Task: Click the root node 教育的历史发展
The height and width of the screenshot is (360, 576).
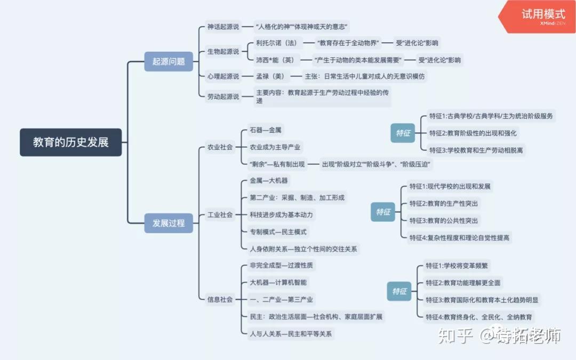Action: tap(70, 142)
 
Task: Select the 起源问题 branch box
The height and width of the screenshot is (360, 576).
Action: tap(169, 61)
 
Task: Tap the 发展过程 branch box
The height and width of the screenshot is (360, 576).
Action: tap(169, 223)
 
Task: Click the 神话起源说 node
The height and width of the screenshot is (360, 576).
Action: tap(223, 26)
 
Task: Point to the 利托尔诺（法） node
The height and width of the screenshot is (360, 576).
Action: tap(276, 43)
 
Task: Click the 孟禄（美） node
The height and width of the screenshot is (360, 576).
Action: tap(269, 76)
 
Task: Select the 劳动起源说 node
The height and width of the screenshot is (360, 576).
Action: tap(223, 97)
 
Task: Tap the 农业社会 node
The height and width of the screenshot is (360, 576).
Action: tap(220, 147)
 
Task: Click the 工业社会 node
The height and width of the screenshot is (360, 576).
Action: tap(220, 215)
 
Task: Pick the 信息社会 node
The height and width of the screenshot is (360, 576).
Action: tap(220, 300)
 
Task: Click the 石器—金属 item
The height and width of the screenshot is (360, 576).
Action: tap(265, 130)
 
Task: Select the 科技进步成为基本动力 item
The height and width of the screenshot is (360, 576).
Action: tap(281, 215)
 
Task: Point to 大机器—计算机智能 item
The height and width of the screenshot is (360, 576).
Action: tap(278, 283)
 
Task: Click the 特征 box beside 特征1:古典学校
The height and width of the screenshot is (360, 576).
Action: tap(403, 133)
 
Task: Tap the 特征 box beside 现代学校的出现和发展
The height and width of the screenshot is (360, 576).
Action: tap(383, 212)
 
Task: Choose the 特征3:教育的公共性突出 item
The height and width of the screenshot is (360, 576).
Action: tap(444, 221)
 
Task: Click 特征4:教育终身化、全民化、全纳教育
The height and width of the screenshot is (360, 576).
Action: tap(478, 317)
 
